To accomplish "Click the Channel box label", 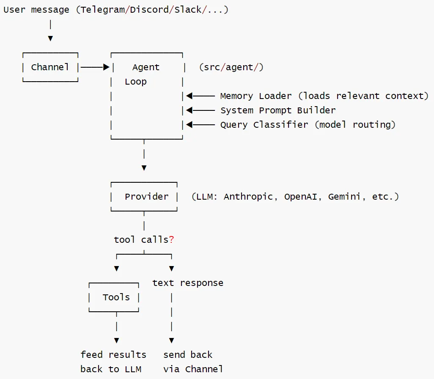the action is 50,67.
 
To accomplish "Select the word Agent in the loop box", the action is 146,67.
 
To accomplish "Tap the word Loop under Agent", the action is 136,82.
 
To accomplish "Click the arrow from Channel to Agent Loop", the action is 95,67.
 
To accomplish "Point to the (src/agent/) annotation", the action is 231,67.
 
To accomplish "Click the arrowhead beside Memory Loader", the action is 190,96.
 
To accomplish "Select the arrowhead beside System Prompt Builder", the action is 190,110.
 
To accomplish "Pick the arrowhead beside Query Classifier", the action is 190,125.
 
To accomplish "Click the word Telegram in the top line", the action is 103,10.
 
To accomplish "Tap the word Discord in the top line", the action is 149,10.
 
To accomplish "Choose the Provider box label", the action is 146,197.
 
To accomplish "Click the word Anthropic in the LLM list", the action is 248,197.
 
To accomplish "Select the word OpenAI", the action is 301,197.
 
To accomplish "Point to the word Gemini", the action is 344,197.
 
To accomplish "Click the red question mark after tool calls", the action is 172,239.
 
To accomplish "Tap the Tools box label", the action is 116,297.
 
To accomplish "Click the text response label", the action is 188,283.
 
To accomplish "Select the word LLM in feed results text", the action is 133,369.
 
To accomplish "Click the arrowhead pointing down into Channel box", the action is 50,38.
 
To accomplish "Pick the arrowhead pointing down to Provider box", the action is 144,168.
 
